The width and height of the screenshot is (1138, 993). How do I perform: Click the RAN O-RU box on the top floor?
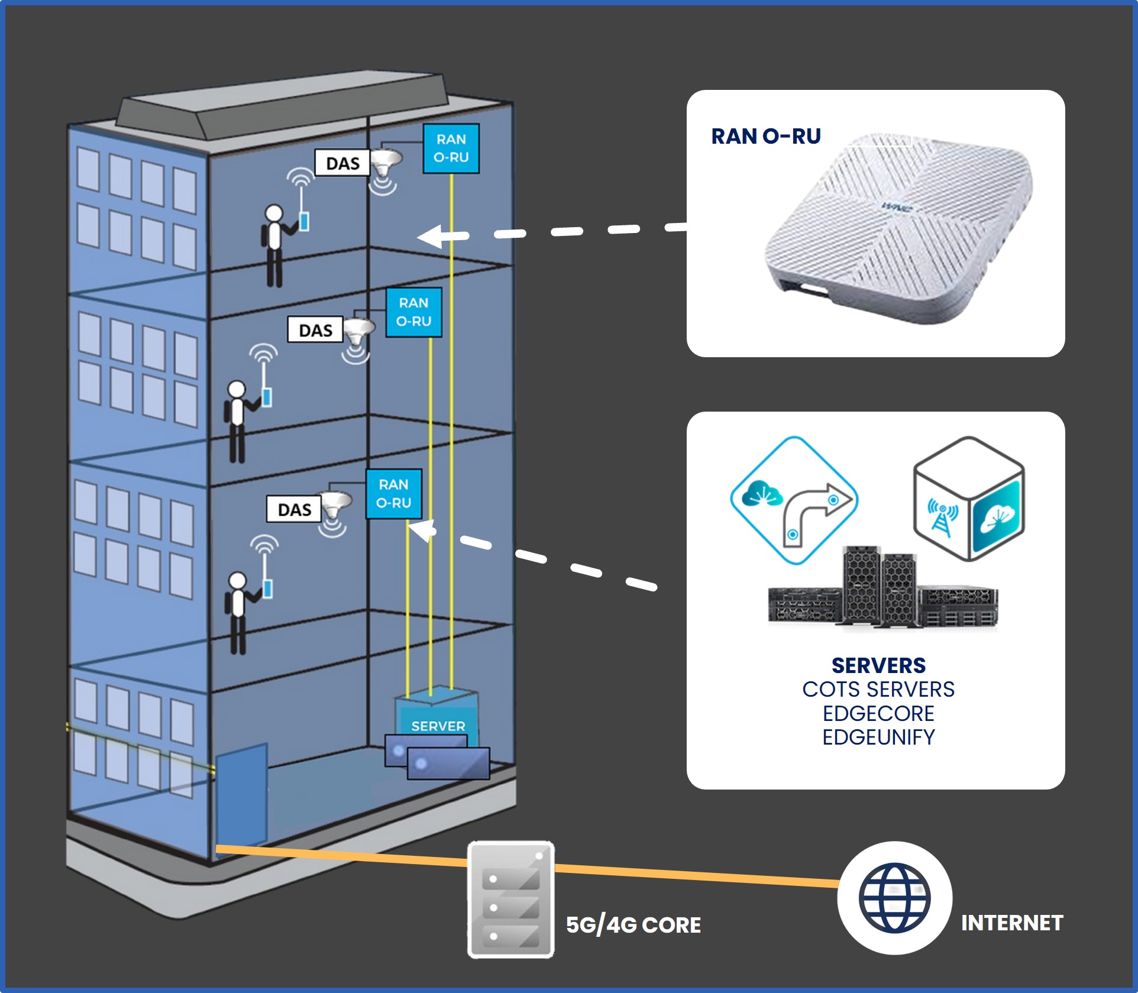pos(451,148)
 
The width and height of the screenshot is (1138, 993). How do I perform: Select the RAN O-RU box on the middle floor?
pos(413,312)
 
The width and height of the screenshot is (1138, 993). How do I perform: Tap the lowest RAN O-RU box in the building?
pos(393,494)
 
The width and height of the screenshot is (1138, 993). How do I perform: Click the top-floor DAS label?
pos(342,163)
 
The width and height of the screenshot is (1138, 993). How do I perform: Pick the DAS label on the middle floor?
pos(315,330)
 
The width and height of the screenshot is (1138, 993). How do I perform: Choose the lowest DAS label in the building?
pos(294,509)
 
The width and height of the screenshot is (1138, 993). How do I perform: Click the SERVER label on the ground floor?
pos(438,726)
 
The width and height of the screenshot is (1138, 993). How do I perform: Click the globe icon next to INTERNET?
pos(894,897)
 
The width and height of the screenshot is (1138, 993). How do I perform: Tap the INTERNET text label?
pos(1011,923)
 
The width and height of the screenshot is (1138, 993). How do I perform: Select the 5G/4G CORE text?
pos(633,925)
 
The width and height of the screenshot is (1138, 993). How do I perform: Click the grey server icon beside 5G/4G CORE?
pos(511,899)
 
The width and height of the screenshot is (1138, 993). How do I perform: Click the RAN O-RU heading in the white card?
pos(765,137)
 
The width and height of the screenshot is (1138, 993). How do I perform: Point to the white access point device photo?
pos(899,228)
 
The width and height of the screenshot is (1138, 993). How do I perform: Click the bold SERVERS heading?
pos(878,665)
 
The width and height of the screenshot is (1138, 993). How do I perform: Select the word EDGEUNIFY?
pos(878,738)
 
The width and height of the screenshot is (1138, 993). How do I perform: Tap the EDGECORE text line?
pos(878,713)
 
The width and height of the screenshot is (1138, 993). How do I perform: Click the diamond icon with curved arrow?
pos(794,500)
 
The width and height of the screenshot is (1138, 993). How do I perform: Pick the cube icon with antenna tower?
pos(968,499)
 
